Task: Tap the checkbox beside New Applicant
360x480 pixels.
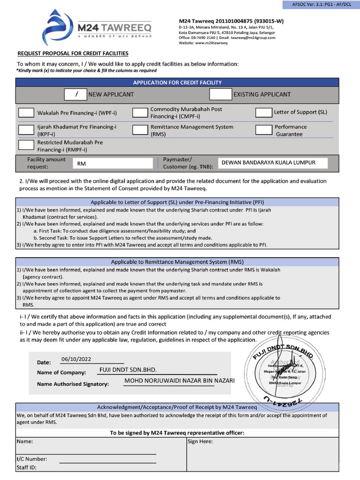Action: pyautogui.click(x=76, y=94)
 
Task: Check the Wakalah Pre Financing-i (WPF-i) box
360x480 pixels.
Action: pyautogui.click(x=26, y=113)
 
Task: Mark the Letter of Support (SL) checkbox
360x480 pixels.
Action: pyautogui.click(x=263, y=112)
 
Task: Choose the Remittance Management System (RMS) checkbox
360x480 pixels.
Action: pyautogui.click(x=140, y=130)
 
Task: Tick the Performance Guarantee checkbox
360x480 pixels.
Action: pyautogui.click(x=263, y=130)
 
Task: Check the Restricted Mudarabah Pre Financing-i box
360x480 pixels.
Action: pyautogui.click(x=26, y=145)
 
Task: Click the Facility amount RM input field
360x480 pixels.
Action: pyautogui.click(x=112, y=163)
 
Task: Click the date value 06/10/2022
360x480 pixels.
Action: pyautogui.click(x=76, y=359)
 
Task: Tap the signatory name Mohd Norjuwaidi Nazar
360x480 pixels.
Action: pyautogui.click(x=179, y=381)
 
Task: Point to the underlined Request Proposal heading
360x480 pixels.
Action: pyautogui.click(x=73, y=54)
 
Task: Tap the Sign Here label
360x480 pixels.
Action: pyautogui.click(x=200, y=442)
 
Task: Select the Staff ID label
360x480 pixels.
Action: pyautogui.click(x=26, y=467)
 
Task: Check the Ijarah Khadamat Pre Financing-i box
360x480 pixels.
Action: pyautogui.click(x=26, y=130)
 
